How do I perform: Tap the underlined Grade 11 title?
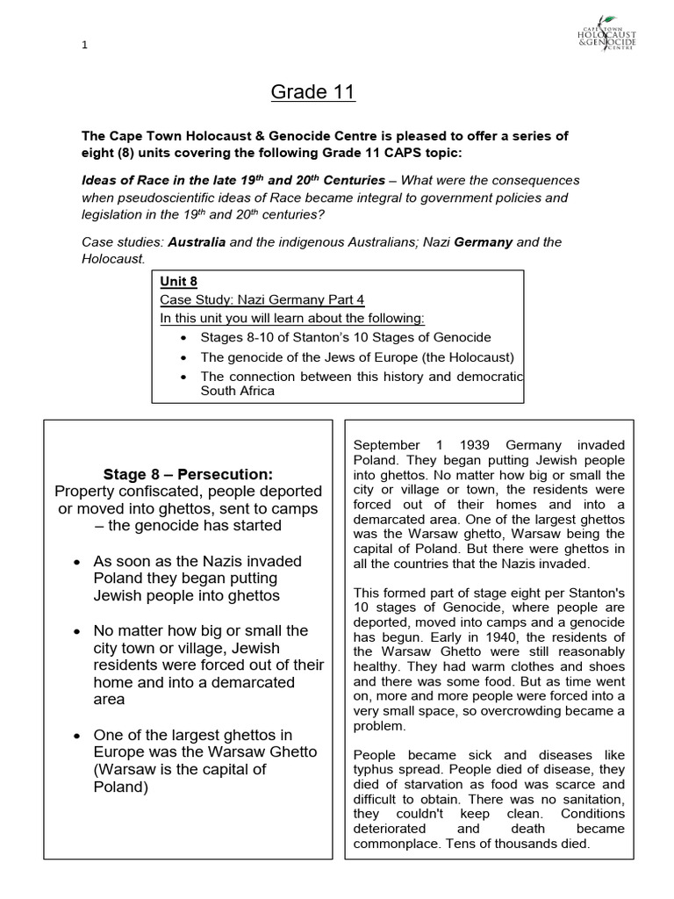[312, 91]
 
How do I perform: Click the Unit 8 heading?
[178, 282]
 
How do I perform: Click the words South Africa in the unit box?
[238, 391]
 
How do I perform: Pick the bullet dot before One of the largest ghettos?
[79, 735]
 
